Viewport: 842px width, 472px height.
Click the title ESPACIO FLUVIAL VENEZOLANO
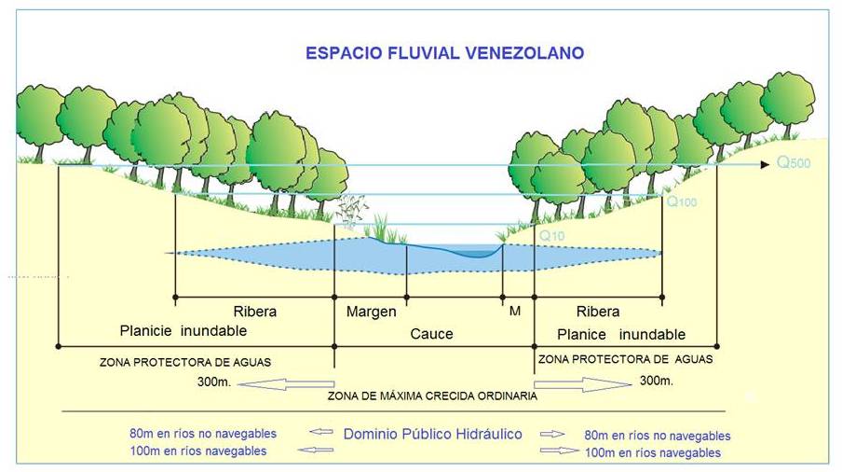click(x=445, y=53)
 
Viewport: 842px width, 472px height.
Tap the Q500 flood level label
click(x=794, y=163)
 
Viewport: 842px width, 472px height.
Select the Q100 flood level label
click(x=681, y=201)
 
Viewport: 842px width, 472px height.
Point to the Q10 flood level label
click(x=550, y=236)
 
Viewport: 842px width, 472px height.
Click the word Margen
click(x=371, y=312)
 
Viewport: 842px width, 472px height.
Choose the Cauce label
click(x=431, y=334)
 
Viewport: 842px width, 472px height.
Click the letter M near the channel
click(x=514, y=311)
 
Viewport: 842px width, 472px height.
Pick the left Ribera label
click(x=254, y=312)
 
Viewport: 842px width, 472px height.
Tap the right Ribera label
click(x=597, y=312)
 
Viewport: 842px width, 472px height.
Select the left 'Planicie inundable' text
click(x=183, y=331)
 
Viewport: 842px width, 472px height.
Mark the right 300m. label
click(x=656, y=381)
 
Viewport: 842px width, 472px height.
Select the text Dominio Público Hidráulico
click(x=432, y=434)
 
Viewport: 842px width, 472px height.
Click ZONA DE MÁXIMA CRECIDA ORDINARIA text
click(x=432, y=396)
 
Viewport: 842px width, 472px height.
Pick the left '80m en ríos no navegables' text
click(x=202, y=433)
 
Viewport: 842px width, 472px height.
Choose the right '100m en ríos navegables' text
click(x=652, y=452)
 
